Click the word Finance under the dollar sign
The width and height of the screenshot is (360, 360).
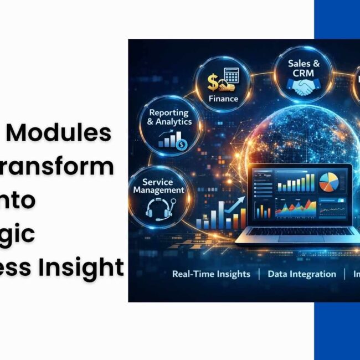coord(224,99)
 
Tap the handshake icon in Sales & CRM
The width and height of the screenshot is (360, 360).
coord(303,86)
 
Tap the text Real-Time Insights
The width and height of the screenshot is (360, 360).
coord(211,274)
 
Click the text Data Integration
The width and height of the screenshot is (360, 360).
coord(302,274)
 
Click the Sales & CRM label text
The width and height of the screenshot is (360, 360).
coord(303,68)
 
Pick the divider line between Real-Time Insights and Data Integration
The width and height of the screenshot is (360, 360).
coord(259,274)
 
